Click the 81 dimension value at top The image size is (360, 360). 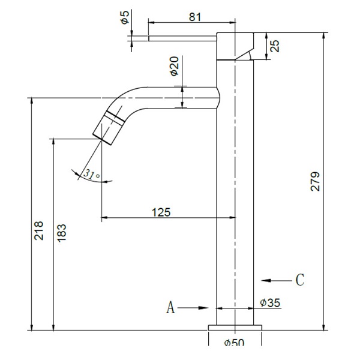tap(194, 17)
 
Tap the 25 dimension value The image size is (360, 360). tap(275, 46)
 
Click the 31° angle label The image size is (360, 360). tap(91, 175)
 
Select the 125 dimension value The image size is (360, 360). tap(161, 212)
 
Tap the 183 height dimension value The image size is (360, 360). tap(62, 233)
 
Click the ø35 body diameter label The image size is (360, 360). tap(270, 303)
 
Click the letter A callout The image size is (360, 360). tap(170, 308)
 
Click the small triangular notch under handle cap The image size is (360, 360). tap(245, 56)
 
